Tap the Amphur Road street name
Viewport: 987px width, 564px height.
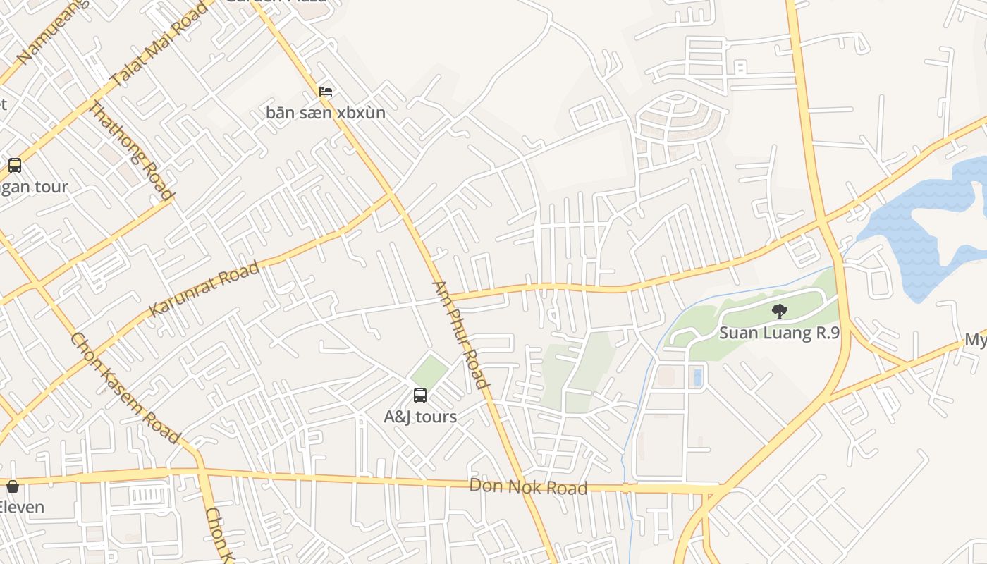click(460, 335)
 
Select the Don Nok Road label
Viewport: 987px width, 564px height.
click(528, 486)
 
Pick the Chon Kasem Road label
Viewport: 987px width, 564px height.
click(125, 387)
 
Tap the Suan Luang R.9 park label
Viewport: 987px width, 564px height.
click(779, 333)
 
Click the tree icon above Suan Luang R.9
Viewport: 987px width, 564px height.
click(779, 311)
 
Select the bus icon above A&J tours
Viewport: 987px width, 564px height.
click(420, 396)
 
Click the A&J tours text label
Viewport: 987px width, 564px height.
click(420, 417)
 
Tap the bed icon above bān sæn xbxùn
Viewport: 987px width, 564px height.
click(326, 92)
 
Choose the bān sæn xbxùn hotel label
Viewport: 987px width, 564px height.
click(326, 112)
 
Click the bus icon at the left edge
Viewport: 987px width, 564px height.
click(15, 166)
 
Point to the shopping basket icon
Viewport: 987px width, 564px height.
click(13, 486)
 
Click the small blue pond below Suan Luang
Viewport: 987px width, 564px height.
click(697, 376)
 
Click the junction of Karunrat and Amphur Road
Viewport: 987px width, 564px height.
click(391, 192)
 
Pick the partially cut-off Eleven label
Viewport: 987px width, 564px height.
click(21, 507)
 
